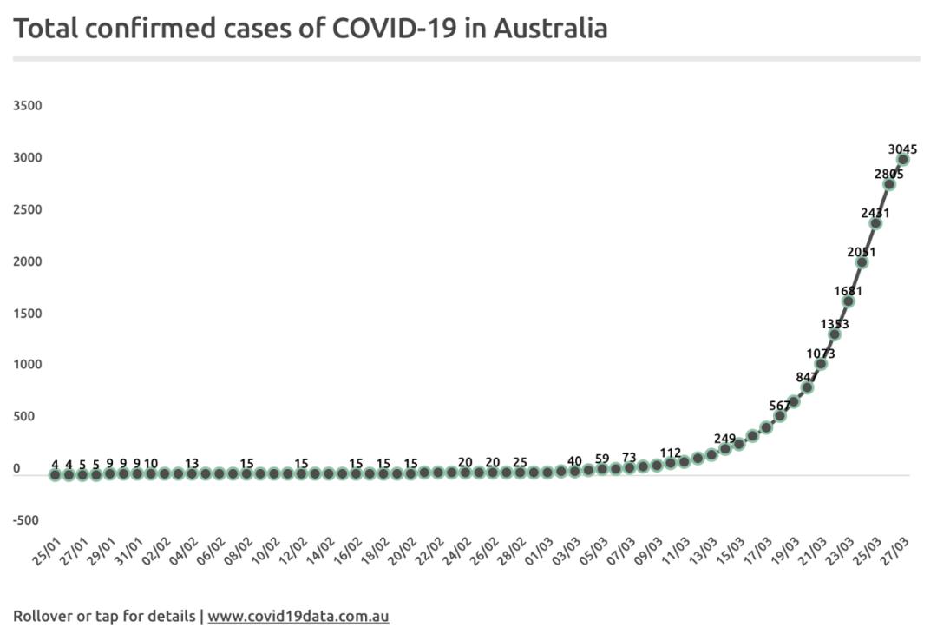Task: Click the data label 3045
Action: click(902, 149)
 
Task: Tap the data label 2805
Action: click(888, 174)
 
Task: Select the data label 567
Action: click(779, 406)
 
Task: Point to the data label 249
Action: click(724, 438)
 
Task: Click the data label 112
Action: click(670, 453)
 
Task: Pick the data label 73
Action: click(629, 457)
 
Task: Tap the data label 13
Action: click(192, 463)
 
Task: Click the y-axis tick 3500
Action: click(28, 106)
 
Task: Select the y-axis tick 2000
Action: click(28, 261)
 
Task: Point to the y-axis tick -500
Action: click(26, 520)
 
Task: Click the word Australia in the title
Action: click(550, 28)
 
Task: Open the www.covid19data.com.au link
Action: click(298, 617)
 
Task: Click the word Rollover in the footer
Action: click(44, 617)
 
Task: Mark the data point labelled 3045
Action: click(902, 160)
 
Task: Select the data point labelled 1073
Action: click(821, 364)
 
